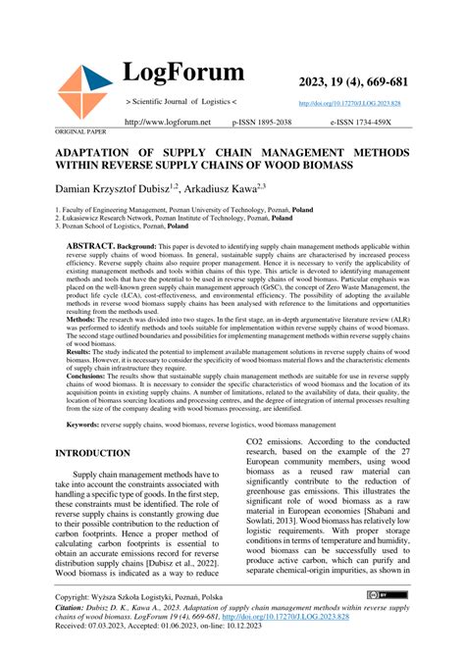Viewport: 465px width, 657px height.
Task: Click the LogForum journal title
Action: point(183,73)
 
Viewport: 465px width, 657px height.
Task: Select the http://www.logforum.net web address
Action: point(168,122)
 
